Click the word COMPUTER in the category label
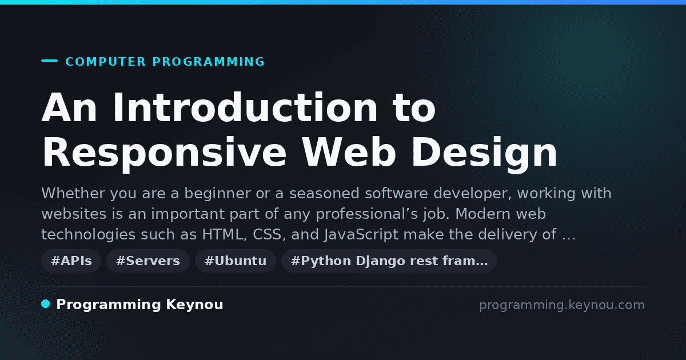coord(105,62)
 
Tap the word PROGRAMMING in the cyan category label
coord(208,62)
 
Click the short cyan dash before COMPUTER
coord(49,61)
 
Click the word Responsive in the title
coord(165,153)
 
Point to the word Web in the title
coord(349,152)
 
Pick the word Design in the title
coord(484,153)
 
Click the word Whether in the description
coord(74,194)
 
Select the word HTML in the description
coord(224,235)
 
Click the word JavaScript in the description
coord(361,235)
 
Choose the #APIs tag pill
coord(71,261)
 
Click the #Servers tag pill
coord(148,261)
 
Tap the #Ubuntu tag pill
coord(236,261)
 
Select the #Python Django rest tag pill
coord(389,261)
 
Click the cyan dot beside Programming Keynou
coord(46,304)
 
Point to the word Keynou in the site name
coord(194,305)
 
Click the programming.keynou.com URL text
coord(562,305)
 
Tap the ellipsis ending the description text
coord(569,239)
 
